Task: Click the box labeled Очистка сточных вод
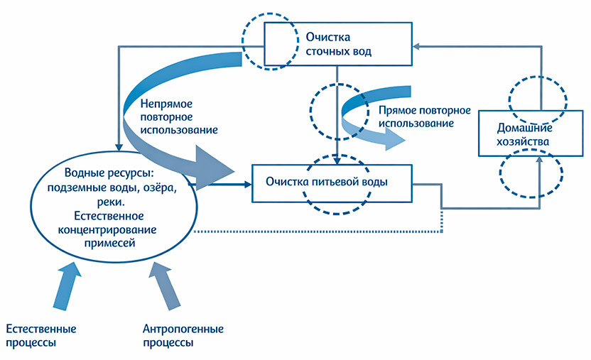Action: (338, 43)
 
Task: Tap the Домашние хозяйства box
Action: (524, 133)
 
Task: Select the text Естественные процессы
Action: (40, 335)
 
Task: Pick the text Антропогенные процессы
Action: (183, 335)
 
